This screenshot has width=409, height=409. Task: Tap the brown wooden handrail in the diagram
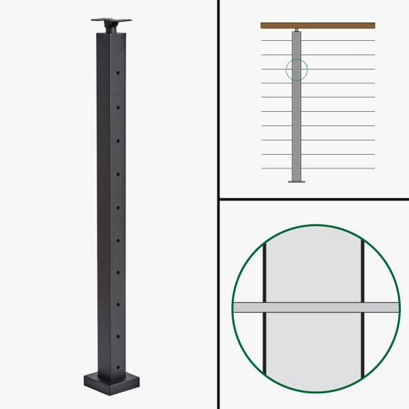pyautogui.click(x=318, y=25)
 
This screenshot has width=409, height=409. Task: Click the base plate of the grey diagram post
pyautogui.click(x=297, y=181)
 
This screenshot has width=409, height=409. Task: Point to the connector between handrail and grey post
pyautogui.click(x=297, y=30)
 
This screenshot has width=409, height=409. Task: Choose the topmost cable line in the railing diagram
pyautogui.click(x=318, y=40)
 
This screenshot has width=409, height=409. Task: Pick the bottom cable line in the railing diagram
pyautogui.click(x=318, y=168)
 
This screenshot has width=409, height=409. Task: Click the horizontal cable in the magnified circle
pyautogui.click(x=316, y=307)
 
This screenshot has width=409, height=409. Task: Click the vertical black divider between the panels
pyautogui.click(x=217, y=204)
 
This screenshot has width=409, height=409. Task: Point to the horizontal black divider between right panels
pyautogui.click(x=314, y=200)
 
